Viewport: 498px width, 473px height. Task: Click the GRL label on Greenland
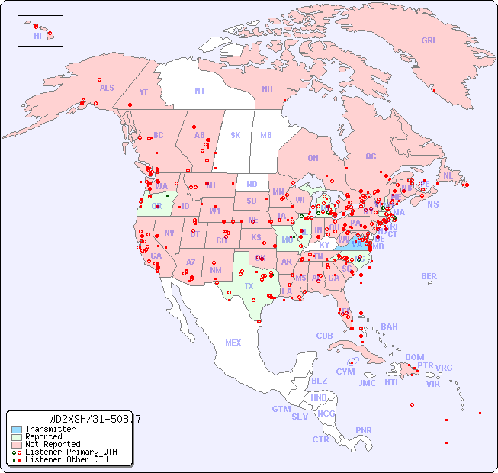pyautogui.click(x=429, y=41)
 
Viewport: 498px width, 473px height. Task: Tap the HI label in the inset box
pyautogui.click(x=37, y=36)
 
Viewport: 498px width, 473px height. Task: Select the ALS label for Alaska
pyautogui.click(x=107, y=88)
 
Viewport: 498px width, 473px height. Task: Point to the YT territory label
pyautogui.click(x=143, y=92)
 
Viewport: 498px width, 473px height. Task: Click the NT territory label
pyautogui.click(x=199, y=91)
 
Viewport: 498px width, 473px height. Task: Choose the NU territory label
pyautogui.click(x=267, y=89)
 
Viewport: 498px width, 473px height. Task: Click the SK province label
pyautogui.click(x=236, y=135)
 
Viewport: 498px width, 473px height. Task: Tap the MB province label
pyautogui.click(x=266, y=135)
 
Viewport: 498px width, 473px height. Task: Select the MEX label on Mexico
pyautogui.click(x=233, y=343)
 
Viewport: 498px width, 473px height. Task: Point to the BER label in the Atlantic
pyautogui.click(x=429, y=276)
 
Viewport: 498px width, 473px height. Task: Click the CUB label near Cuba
pyautogui.click(x=325, y=336)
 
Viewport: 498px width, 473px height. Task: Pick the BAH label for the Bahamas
pyautogui.click(x=389, y=327)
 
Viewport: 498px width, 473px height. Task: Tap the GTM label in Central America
pyautogui.click(x=281, y=409)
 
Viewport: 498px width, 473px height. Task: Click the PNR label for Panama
pyautogui.click(x=364, y=430)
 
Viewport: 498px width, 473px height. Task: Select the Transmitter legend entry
pyautogui.click(x=50, y=429)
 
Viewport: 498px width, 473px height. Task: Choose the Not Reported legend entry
pyautogui.click(x=53, y=444)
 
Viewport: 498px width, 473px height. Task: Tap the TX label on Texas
pyautogui.click(x=249, y=286)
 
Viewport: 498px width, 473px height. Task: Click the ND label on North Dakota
pyautogui.click(x=252, y=184)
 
